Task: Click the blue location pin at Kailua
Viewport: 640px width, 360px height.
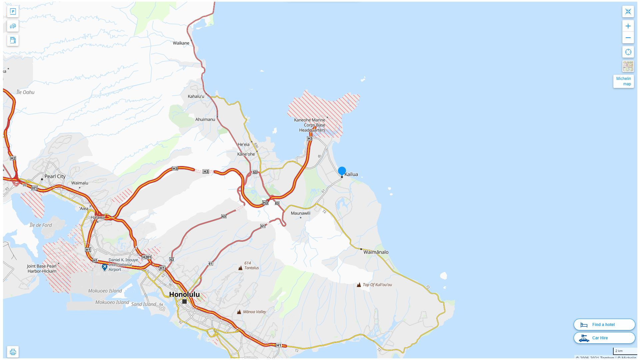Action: pyautogui.click(x=342, y=171)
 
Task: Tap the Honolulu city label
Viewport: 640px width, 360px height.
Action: pyautogui.click(x=184, y=294)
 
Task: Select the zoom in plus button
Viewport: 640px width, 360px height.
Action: pyautogui.click(x=628, y=26)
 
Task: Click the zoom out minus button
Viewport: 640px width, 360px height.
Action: pyautogui.click(x=628, y=38)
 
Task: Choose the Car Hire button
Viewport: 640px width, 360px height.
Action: pyautogui.click(x=604, y=338)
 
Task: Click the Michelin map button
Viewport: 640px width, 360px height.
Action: pyautogui.click(x=623, y=81)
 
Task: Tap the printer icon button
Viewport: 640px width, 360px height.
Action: pyautogui.click(x=13, y=352)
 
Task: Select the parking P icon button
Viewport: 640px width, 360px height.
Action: pyautogui.click(x=13, y=12)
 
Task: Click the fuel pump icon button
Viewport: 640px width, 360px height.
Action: pyautogui.click(x=13, y=40)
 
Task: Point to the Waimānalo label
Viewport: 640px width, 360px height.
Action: pyautogui.click(x=376, y=252)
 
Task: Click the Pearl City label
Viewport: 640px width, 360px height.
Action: pyautogui.click(x=55, y=176)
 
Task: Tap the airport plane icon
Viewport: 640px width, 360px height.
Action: pyautogui.click(x=105, y=267)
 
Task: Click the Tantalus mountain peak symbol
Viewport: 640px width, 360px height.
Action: pyautogui.click(x=240, y=268)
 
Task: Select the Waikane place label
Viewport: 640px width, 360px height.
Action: pyautogui.click(x=181, y=43)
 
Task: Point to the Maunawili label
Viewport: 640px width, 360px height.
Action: pyautogui.click(x=300, y=213)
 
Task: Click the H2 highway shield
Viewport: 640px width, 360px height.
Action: pyautogui.click(x=13, y=158)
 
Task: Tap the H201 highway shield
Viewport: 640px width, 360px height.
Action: pyautogui.click(x=147, y=257)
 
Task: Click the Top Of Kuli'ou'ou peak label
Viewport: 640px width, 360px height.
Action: pyautogui.click(x=377, y=285)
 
